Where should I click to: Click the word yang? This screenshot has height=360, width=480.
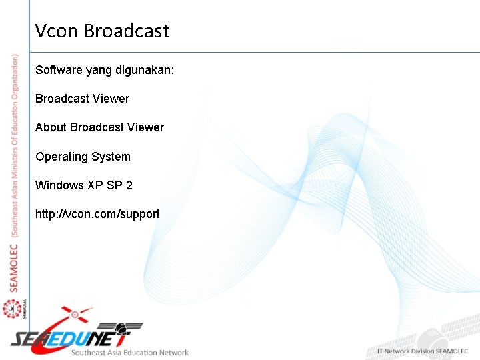[x=103, y=69]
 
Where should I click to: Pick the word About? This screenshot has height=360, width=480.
[x=51, y=127]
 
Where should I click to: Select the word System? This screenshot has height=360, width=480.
[x=113, y=156]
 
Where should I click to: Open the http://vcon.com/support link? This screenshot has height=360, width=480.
[x=97, y=214]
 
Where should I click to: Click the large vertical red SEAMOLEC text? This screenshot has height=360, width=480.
[x=15, y=267]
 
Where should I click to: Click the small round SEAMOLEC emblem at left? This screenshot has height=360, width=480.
[x=11, y=309]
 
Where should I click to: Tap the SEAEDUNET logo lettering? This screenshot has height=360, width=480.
[x=73, y=336]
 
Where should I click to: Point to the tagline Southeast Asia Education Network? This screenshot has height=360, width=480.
[x=130, y=352]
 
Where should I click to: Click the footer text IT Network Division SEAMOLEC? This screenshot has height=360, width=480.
[x=424, y=351]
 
